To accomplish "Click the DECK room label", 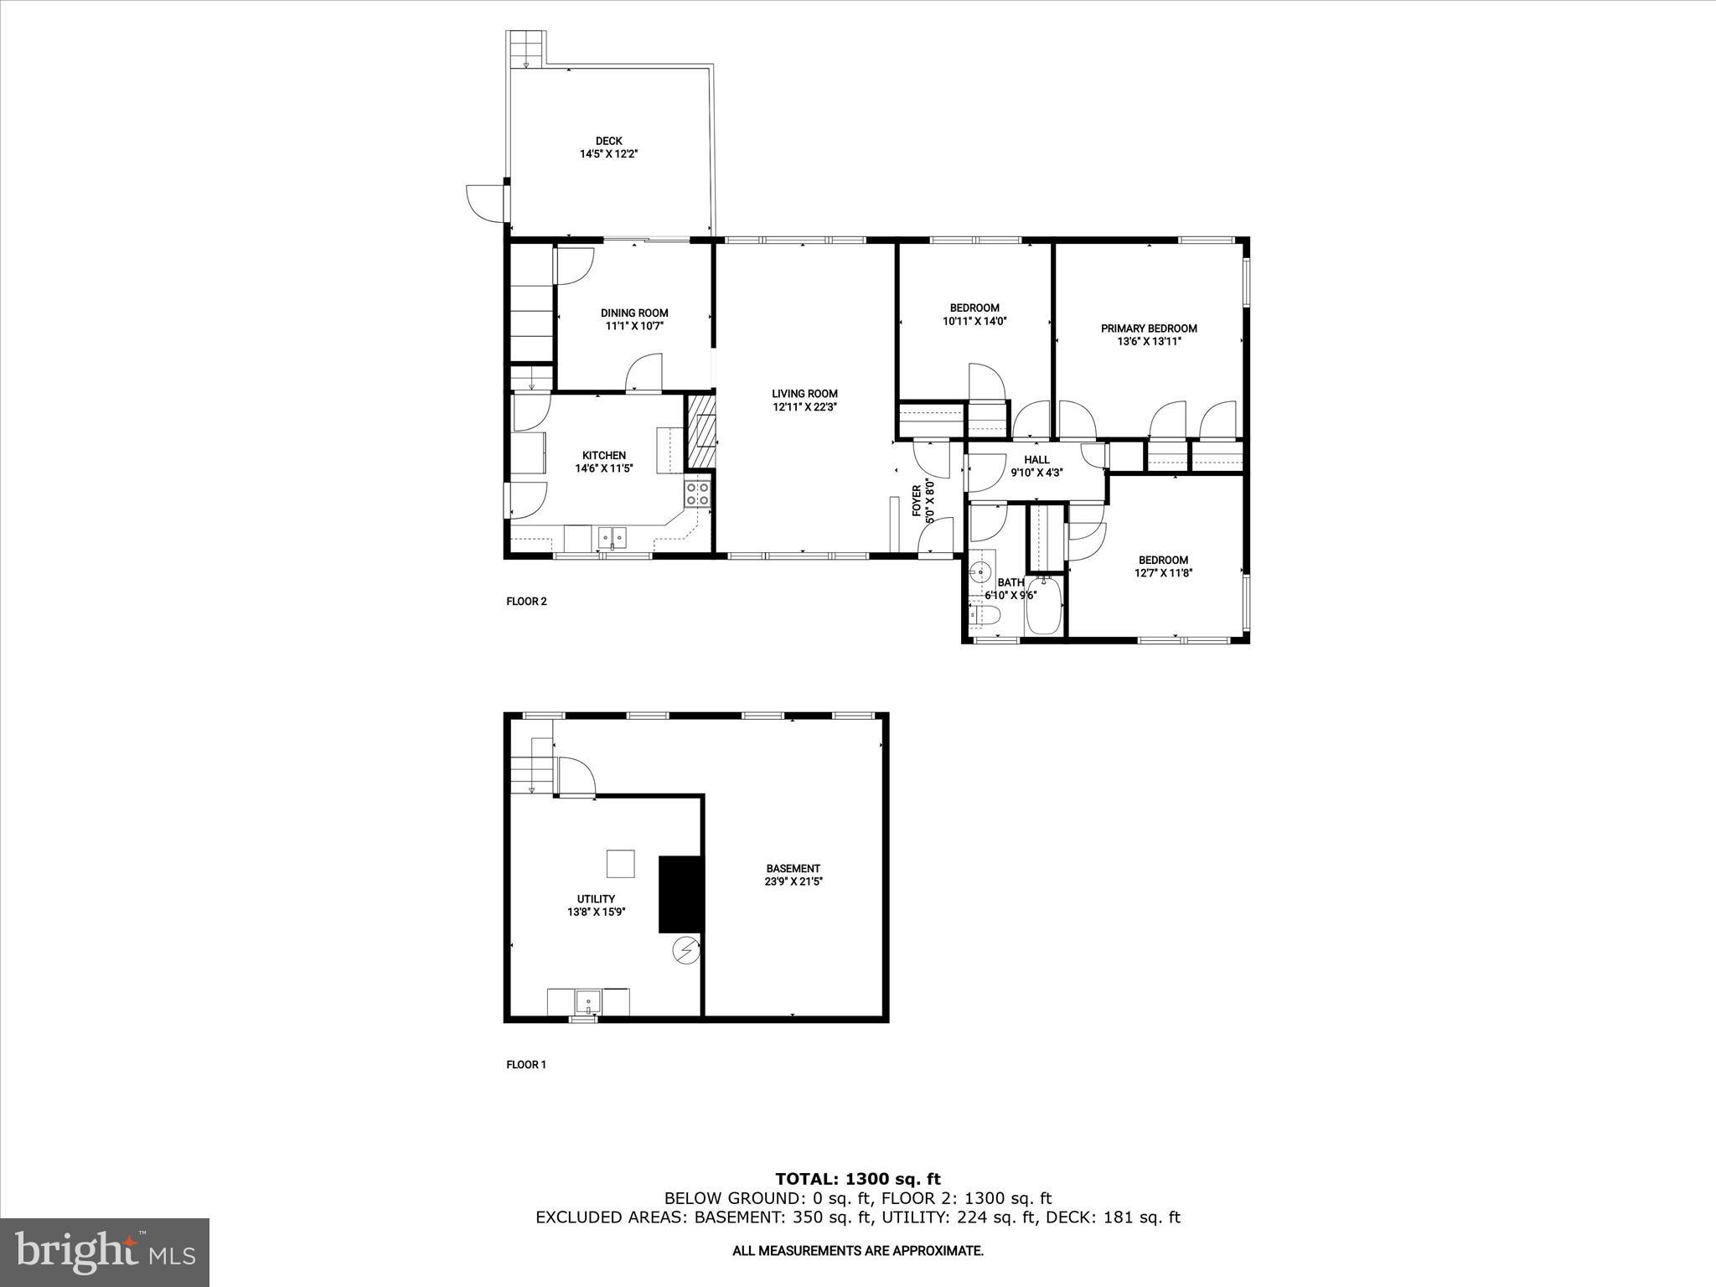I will (x=608, y=141).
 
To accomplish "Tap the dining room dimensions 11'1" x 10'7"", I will (x=634, y=326).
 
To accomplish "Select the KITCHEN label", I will (x=604, y=456).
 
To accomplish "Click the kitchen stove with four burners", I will (x=697, y=494).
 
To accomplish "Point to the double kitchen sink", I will (x=612, y=537).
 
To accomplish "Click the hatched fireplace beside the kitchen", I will (x=700, y=432).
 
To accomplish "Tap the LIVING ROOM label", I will (x=804, y=394).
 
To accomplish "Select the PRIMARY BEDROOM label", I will (x=1149, y=328).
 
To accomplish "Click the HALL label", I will (x=1036, y=459).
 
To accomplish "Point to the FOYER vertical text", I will (x=917, y=500).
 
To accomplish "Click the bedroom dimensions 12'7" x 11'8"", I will (x=1163, y=573).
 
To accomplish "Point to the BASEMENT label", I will (x=793, y=868).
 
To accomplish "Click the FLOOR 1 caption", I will (x=526, y=1065).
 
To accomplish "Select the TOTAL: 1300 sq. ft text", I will (x=858, y=1180).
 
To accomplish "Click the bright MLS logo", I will (x=105, y=1252).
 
